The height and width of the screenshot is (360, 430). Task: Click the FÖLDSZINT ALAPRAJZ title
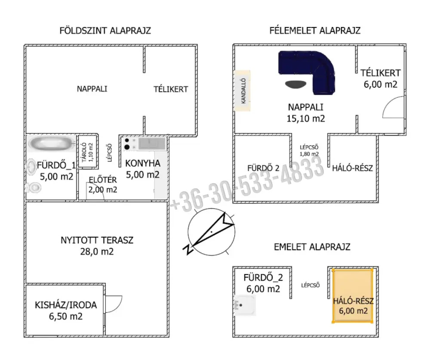(x=105, y=31)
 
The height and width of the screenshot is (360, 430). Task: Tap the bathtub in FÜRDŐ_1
(x=52, y=143)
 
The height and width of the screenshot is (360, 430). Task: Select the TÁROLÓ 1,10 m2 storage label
(x=88, y=152)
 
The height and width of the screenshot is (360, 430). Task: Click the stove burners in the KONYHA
(x=127, y=144)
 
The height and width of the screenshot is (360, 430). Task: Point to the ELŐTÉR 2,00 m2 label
(x=103, y=185)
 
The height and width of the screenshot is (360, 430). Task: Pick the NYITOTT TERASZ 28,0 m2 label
(x=97, y=246)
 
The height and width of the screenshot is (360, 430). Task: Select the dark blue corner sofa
(x=307, y=72)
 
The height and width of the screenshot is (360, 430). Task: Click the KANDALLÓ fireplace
(x=243, y=91)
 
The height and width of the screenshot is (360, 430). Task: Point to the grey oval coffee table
(x=296, y=84)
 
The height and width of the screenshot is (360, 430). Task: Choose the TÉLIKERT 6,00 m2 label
(x=381, y=78)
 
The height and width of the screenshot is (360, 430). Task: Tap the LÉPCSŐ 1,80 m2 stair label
(x=309, y=151)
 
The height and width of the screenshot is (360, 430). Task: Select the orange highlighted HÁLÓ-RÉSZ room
(x=353, y=295)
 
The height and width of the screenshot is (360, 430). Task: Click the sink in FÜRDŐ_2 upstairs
(x=245, y=305)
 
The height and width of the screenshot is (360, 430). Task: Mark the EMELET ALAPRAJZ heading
(x=312, y=247)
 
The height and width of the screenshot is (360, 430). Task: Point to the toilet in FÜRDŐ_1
(x=34, y=188)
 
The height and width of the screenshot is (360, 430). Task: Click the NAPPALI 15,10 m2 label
(x=306, y=113)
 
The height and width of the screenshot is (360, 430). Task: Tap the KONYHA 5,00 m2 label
(x=143, y=169)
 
